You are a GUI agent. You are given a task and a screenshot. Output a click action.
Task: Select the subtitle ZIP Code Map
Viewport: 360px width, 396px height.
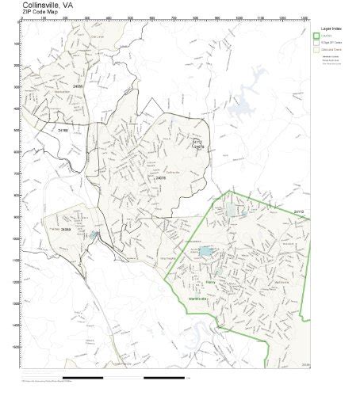pyautogui.click(x=39, y=13)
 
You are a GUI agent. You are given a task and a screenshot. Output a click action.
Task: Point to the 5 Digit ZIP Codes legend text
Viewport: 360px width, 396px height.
pyautogui.click(x=333, y=43)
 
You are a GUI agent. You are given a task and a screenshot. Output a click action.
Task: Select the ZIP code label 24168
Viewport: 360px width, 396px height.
pyautogui.click(x=63, y=129)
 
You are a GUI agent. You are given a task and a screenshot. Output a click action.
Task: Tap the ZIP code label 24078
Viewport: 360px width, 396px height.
pyautogui.click(x=161, y=178)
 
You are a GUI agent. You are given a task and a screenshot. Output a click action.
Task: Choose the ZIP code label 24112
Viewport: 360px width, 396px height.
pyautogui.click(x=298, y=212)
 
